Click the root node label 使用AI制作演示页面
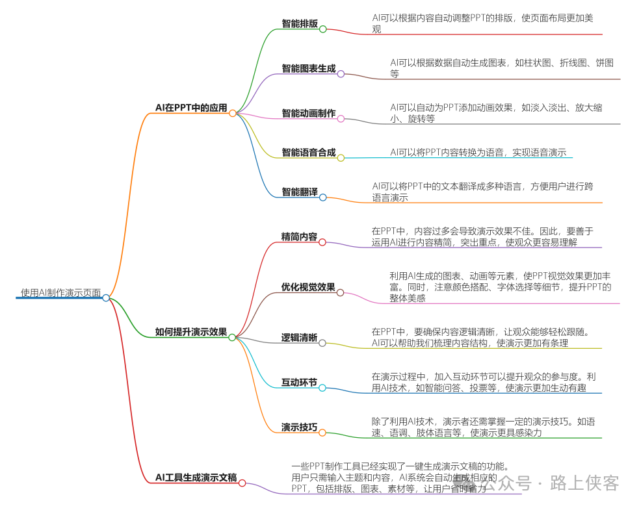coord(60,293)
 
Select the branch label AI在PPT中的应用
coord(191,108)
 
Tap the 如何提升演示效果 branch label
coord(191,333)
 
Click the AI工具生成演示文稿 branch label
coord(196,478)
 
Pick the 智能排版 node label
coord(300,24)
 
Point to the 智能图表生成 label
coord(309,69)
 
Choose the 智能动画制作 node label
coord(309,114)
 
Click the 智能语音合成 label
coord(309,153)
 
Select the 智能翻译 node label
coord(300,192)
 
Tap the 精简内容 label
coord(299,237)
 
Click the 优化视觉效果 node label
coord(308,287)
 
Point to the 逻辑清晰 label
coord(299,338)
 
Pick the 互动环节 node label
coord(299,383)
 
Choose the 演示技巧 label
coord(299,427)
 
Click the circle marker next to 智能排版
coord(323,29)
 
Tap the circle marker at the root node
coord(106,298)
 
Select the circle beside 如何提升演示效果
coord(232,338)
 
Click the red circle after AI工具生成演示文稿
coord(242,483)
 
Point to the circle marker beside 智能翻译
coord(323,197)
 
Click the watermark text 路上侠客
coord(584,483)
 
